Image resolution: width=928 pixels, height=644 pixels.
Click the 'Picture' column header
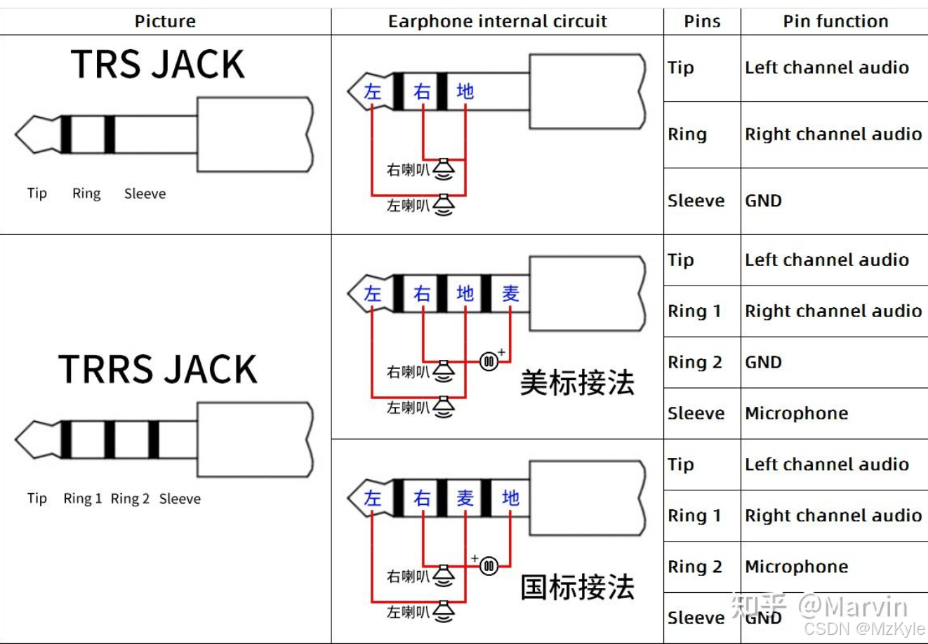pyautogui.click(x=165, y=21)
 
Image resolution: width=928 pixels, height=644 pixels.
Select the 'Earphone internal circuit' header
pyautogui.click(x=497, y=21)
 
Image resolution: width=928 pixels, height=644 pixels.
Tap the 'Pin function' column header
pyautogui.click(x=835, y=21)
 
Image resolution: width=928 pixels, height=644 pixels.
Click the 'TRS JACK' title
pyautogui.click(x=158, y=65)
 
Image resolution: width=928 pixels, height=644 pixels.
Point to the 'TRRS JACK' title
pyautogui.click(x=158, y=369)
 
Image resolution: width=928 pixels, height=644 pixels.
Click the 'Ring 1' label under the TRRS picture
pyautogui.click(x=83, y=499)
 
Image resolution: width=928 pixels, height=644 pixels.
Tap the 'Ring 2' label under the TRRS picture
pyautogui.click(x=130, y=499)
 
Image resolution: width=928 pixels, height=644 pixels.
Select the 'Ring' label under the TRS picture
pyautogui.click(x=86, y=194)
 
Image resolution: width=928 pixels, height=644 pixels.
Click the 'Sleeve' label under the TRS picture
pyautogui.click(x=145, y=194)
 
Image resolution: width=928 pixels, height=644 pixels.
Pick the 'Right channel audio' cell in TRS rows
pyautogui.click(x=833, y=134)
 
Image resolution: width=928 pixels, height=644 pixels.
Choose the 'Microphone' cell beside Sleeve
pyautogui.click(x=796, y=413)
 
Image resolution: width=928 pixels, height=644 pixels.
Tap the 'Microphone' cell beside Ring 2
pyautogui.click(x=796, y=566)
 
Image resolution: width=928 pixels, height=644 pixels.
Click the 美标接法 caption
pyautogui.click(x=577, y=383)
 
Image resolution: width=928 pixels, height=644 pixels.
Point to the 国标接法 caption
pyautogui.click(x=577, y=587)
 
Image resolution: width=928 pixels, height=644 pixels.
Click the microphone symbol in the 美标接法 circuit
pyautogui.click(x=489, y=361)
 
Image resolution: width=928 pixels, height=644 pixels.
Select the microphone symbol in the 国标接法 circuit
pyautogui.click(x=489, y=566)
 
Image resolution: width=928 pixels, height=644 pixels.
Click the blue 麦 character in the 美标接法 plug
pyautogui.click(x=510, y=293)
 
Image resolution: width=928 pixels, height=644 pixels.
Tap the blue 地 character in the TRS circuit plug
pyautogui.click(x=465, y=91)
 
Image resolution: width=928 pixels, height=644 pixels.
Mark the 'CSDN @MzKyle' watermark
pyautogui.click(x=864, y=629)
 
